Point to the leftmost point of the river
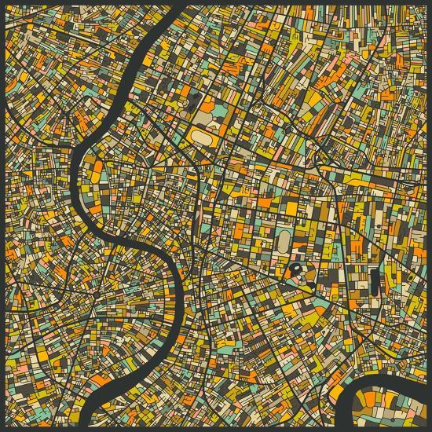(75, 169)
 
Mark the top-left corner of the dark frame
(2, 2)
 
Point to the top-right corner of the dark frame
(429, 2)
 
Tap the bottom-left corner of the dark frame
(2, 429)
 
